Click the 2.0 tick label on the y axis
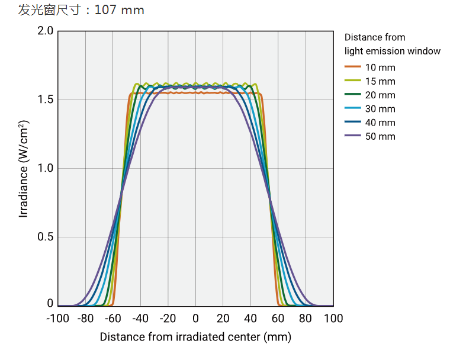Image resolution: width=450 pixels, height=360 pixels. pos(45,31)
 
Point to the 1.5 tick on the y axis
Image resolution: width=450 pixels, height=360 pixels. pos(45,99)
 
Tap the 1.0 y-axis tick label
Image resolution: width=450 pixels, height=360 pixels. pos(45,168)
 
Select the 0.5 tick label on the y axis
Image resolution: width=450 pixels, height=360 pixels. pos(45,237)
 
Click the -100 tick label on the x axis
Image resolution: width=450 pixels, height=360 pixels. pos(57,319)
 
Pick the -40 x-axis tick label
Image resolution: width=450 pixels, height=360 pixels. pos(140,319)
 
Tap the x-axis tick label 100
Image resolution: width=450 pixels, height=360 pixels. pos(333,319)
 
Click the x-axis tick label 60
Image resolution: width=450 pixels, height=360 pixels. pos(278,319)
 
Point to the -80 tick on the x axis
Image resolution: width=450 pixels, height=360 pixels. pos(85,319)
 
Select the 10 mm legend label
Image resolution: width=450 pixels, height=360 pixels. pos(380,67)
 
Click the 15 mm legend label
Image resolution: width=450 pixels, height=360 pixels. pos(380,81)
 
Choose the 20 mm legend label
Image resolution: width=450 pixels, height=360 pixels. pos(380,95)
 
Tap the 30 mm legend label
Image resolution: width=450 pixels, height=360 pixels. pos(380,109)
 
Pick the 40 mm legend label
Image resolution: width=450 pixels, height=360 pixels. pos(380,123)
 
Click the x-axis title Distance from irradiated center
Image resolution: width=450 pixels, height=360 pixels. pos(195,337)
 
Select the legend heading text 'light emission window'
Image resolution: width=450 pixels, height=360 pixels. pos(393,51)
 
